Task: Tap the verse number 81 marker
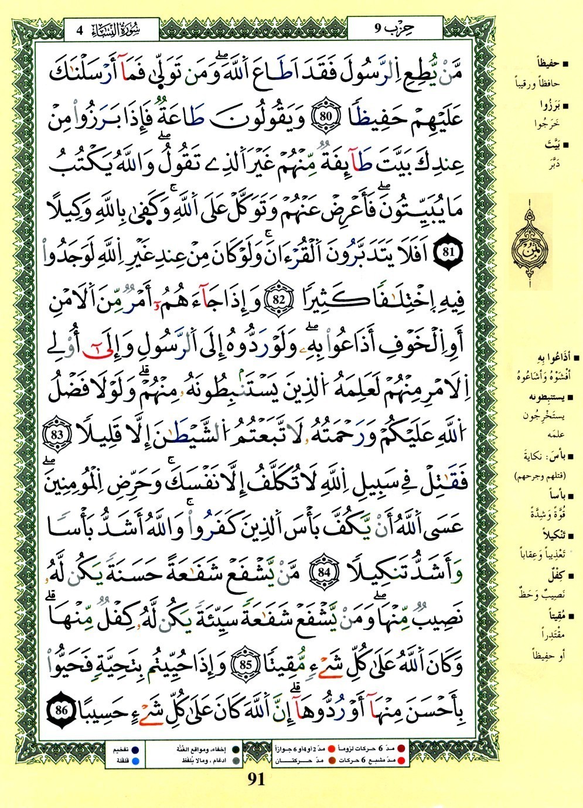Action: [x=449, y=253]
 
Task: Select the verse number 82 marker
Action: [x=278, y=298]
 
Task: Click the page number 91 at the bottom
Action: [x=257, y=779]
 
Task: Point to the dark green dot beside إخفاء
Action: [x=235, y=749]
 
